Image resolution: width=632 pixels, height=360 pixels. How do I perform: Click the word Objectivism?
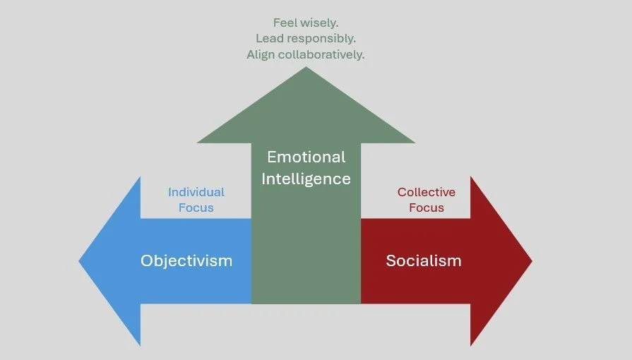click(186, 260)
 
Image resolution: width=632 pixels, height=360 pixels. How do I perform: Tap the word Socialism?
click(424, 260)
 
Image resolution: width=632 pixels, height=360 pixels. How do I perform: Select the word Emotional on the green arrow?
click(306, 157)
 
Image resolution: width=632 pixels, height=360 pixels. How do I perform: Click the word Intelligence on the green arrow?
click(306, 179)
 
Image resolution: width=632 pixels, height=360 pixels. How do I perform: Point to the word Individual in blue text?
click(196, 192)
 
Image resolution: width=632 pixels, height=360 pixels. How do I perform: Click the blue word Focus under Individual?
click(196, 208)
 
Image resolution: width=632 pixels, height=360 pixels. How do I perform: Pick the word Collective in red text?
click(427, 192)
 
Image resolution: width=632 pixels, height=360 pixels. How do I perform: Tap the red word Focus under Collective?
click(427, 208)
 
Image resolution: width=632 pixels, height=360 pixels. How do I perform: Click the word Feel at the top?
click(285, 23)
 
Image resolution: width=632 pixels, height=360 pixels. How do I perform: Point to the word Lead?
click(269, 39)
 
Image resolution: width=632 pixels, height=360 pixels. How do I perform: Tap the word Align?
click(261, 54)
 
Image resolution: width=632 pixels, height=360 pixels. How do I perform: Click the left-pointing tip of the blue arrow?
click(81, 261)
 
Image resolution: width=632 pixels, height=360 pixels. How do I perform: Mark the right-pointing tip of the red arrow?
click(530, 261)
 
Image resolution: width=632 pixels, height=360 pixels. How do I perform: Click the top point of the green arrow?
click(306, 68)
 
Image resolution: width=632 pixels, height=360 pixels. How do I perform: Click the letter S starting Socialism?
click(390, 260)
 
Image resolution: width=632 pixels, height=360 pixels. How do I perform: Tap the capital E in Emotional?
click(271, 157)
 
